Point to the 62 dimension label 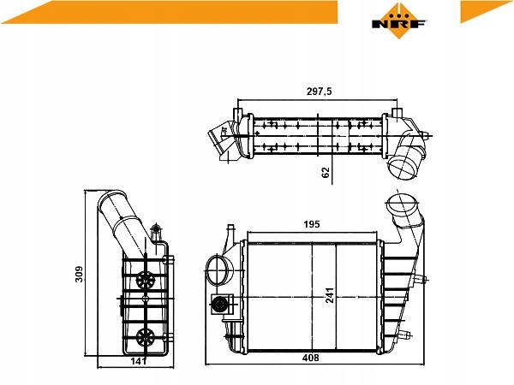coord(326,172)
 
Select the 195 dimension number coord(311,224)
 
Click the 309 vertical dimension coord(79,275)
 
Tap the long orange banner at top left coord(171,12)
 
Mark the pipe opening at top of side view coord(110,205)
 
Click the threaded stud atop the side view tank coord(155,231)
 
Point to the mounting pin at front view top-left coord(229,233)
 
